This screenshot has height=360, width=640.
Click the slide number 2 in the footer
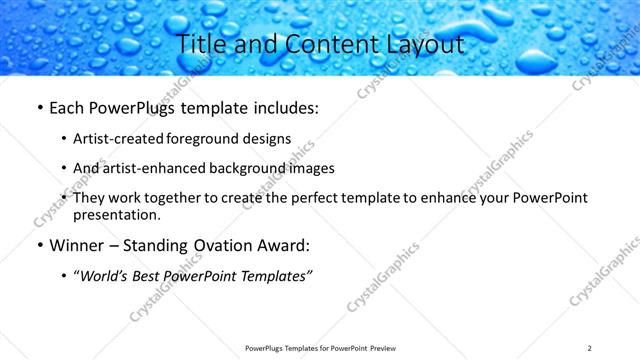point(590,348)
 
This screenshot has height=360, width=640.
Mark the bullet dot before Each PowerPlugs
point(39,107)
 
